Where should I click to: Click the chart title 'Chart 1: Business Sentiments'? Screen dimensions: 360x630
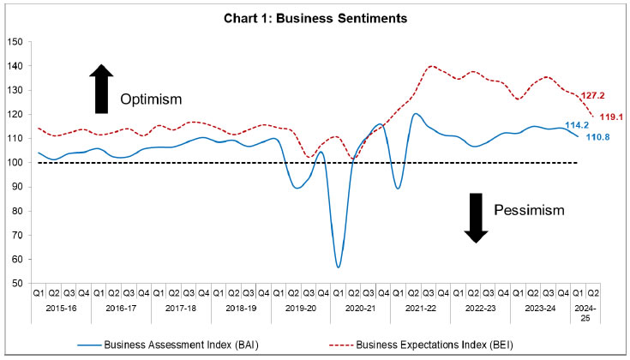[315, 17]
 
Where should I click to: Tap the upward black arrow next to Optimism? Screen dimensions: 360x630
[101, 88]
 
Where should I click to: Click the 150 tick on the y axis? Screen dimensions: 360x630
[15, 41]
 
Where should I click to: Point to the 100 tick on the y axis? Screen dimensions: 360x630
[15, 162]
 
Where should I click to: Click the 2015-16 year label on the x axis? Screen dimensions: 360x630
[62, 307]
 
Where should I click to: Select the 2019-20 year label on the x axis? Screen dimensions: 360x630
[300, 307]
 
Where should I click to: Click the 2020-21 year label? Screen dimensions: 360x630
[359, 307]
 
